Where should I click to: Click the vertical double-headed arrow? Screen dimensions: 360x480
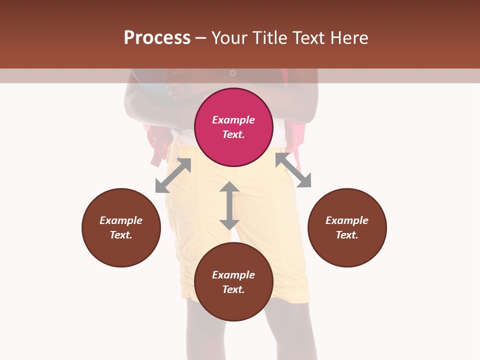(229, 205)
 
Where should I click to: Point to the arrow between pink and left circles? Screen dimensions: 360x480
(173, 175)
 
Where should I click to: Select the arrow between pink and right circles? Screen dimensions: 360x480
(293, 170)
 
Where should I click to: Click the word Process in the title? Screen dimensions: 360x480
(157, 37)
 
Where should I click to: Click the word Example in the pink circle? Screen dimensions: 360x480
(233, 120)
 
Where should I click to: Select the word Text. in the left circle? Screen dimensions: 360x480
(121, 235)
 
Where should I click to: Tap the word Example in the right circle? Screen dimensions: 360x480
(347, 220)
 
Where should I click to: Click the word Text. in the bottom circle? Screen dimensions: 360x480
(233, 289)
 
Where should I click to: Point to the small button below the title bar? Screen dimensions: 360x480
(232, 73)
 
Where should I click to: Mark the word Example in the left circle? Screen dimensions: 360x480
(121, 220)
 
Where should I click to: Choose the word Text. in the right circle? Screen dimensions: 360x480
(347, 235)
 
